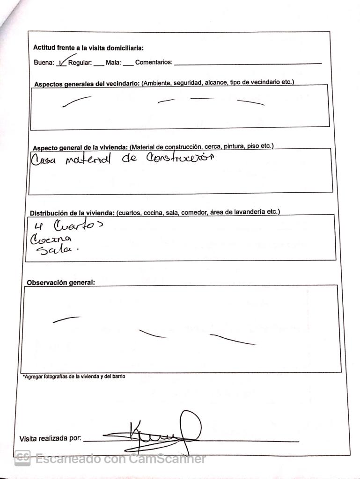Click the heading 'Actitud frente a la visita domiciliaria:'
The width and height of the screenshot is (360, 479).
(88, 48)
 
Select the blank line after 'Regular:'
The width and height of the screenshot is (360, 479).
(98, 64)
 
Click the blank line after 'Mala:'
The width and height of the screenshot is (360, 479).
(128, 64)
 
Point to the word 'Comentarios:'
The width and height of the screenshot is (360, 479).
(154, 63)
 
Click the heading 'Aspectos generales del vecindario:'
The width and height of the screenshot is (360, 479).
(87, 84)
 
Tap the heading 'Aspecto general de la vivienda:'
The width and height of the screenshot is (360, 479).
(80, 148)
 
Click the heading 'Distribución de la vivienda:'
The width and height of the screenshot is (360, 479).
(72, 213)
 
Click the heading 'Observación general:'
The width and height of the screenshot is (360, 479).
(60, 283)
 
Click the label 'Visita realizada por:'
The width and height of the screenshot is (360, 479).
(50, 439)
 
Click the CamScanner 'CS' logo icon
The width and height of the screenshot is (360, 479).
(22, 458)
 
